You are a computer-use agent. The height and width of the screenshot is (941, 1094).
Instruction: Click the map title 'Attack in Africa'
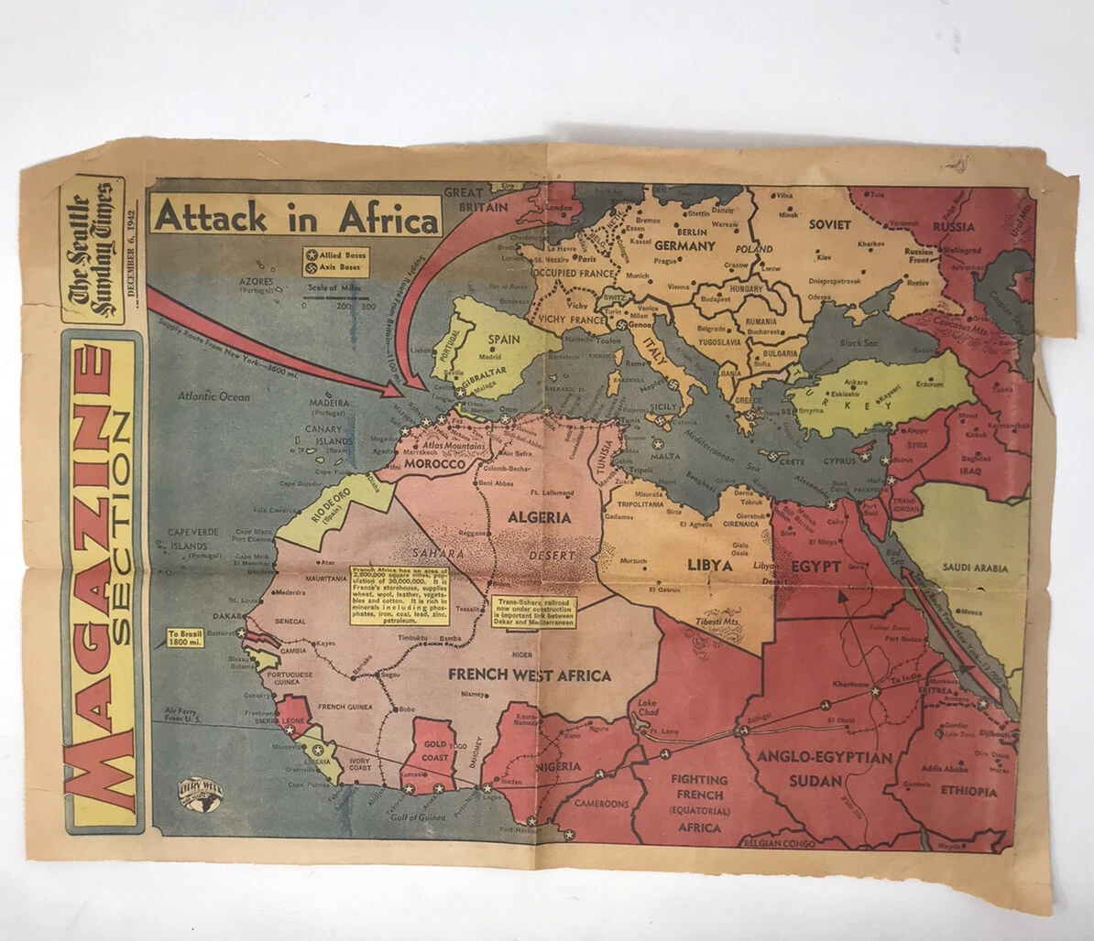[x=296, y=219]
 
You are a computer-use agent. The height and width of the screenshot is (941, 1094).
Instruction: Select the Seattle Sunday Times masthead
[x=93, y=250]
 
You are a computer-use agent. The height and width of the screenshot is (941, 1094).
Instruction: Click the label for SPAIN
[x=503, y=340]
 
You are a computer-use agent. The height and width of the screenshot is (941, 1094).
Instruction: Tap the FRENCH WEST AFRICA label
[x=530, y=676]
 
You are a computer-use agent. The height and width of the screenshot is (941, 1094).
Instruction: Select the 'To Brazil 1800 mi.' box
[x=185, y=637]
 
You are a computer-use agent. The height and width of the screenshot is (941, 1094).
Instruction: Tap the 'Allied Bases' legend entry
[x=335, y=253]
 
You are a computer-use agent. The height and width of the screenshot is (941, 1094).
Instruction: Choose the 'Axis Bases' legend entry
[x=335, y=268]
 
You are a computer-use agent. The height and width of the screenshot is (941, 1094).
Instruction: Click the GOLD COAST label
[x=434, y=752]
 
